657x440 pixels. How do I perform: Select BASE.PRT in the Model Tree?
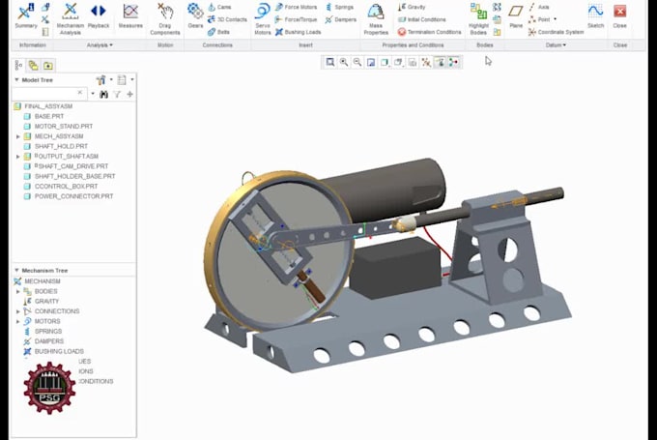click(x=48, y=116)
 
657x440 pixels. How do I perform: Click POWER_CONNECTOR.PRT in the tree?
click(x=73, y=196)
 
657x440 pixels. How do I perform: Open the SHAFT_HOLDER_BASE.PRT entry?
click(x=74, y=176)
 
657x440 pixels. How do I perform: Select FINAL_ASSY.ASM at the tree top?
click(x=47, y=105)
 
